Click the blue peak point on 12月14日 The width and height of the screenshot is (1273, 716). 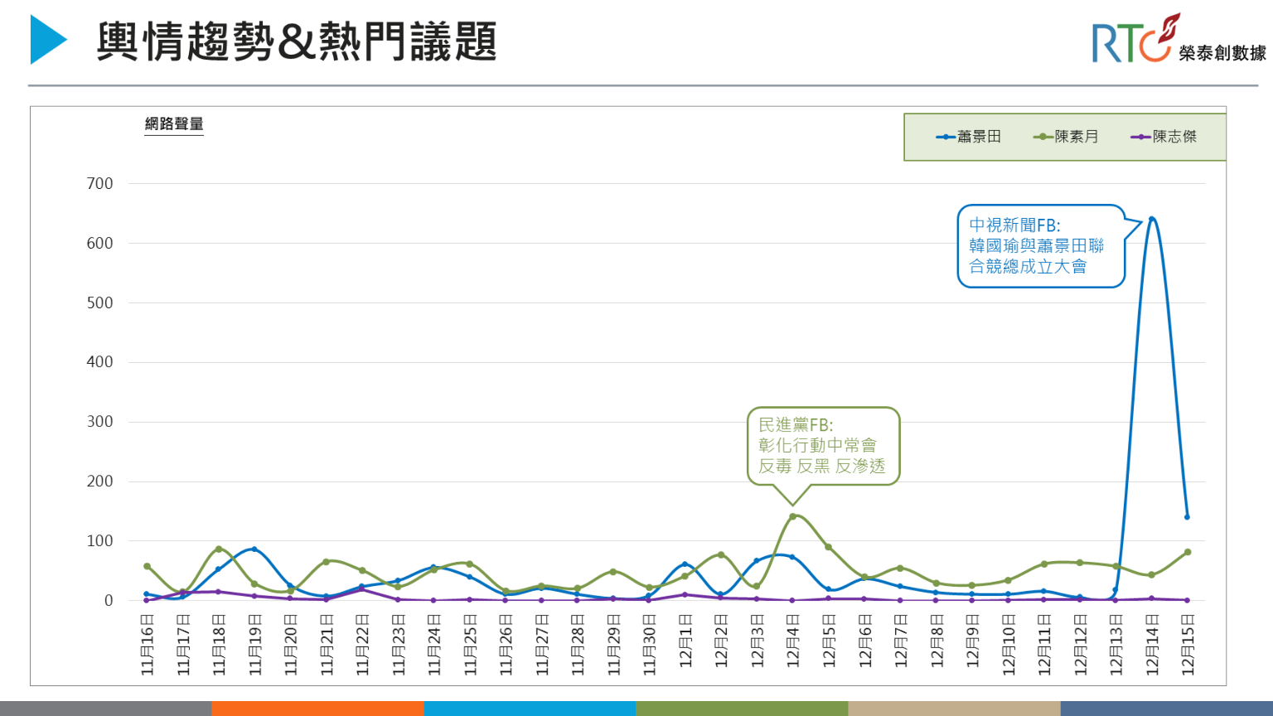click(1151, 220)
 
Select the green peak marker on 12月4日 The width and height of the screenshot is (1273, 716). click(792, 516)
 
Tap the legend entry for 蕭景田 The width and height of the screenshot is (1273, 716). click(969, 137)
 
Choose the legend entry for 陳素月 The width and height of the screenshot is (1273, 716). click(1067, 137)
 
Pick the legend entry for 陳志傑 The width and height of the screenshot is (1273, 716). click(1164, 137)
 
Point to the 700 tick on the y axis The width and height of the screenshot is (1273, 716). click(99, 184)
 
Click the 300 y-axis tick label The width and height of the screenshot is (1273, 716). click(99, 422)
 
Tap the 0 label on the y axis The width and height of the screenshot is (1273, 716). click(109, 601)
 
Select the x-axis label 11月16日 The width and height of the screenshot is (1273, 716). click(148, 645)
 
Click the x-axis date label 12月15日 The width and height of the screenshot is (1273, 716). click(1188, 645)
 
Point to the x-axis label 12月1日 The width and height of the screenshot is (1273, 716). click(685, 641)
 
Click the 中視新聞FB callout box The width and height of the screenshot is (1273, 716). click(1040, 246)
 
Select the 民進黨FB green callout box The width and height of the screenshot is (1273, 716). click(822, 445)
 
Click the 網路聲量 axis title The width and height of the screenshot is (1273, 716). click(174, 124)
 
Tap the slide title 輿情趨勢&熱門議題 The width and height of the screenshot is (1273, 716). click(296, 41)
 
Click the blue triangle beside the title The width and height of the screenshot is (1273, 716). click(47, 40)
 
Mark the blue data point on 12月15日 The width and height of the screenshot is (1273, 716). click(1187, 517)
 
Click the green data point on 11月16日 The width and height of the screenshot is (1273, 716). click(147, 567)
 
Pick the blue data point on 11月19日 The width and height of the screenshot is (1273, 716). click(254, 549)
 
